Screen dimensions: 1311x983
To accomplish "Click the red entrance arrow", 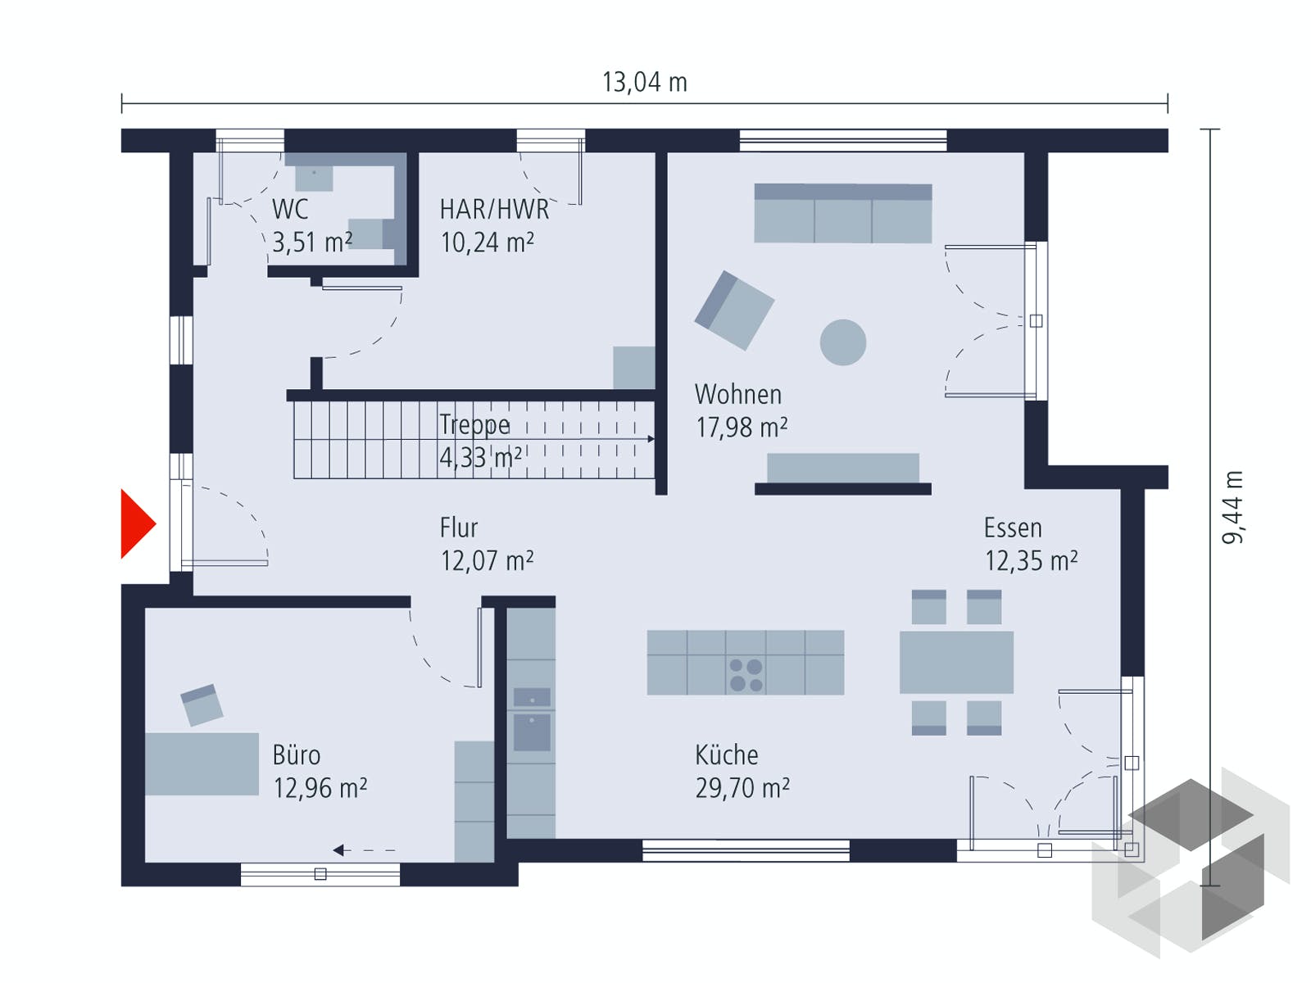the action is (x=136, y=524).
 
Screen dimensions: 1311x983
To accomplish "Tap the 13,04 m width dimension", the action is (x=645, y=83).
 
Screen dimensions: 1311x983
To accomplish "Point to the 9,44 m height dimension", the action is (x=1232, y=507).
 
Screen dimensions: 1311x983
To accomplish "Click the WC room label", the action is (x=290, y=210).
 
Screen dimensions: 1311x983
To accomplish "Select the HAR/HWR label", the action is (x=494, y=210).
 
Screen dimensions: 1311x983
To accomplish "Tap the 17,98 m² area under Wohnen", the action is (x=742, y=428).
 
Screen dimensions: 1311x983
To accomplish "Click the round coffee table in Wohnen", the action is (x=843, y=342).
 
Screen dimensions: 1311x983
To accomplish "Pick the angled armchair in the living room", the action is (x=734, y=310).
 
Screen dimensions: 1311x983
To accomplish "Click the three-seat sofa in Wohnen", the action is (x=843, y=213).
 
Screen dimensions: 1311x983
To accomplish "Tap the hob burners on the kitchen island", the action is (x=746, y=674).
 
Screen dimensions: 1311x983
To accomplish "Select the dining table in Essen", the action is (x=956, y=662).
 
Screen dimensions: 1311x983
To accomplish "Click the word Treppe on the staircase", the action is (x=474, y=425).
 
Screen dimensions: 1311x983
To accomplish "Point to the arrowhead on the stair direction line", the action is (x=651, y=439).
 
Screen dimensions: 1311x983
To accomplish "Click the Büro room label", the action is (x=297, y=755).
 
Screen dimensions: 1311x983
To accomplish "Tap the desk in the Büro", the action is (x=202, y=764).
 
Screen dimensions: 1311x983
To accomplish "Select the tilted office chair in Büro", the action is (x=202, y=704).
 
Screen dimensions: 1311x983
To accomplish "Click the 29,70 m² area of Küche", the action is (x=742, y=788).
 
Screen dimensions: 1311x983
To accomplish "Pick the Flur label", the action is (x=459, y=528).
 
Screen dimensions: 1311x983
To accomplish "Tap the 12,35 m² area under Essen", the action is (x=1032, y=560).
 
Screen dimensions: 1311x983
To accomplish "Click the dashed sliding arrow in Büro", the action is (x=364, y=850).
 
